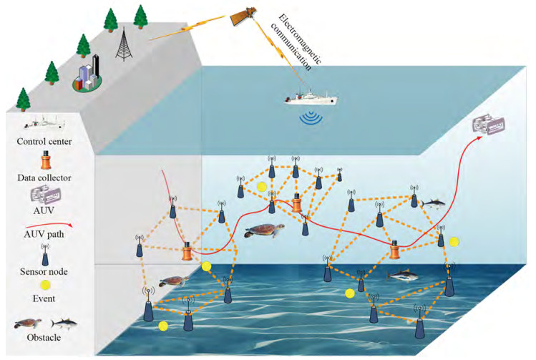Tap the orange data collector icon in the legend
coord(47,157)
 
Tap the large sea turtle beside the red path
coord(261,232)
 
